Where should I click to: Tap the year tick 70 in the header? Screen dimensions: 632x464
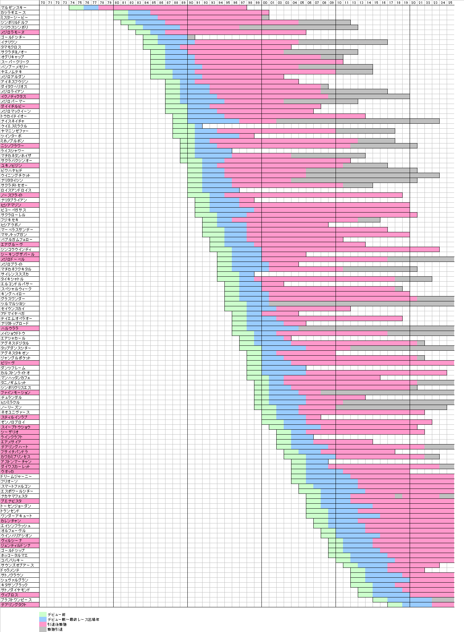(x=43, y=2)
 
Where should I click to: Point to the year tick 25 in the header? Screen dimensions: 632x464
(x=450, y=2)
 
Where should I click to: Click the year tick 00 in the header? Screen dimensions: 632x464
(x=265, y=2)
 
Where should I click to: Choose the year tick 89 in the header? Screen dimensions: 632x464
(x=183, y=2)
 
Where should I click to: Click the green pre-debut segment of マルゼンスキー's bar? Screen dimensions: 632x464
(x=76, y=7)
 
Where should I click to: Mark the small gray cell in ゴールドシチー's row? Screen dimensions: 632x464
(x=191, y=37)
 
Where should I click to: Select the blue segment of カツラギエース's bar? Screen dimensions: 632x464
(x=139, y=12)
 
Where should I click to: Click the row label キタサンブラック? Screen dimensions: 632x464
(x=14, y=585)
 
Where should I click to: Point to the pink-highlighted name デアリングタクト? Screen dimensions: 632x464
(x=14, y=605)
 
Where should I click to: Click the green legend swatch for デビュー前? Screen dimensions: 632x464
(x=43, y=614)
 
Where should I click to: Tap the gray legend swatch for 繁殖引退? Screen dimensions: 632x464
(x=43, y=629)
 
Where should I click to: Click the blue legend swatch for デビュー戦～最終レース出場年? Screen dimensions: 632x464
(x=43, y=619)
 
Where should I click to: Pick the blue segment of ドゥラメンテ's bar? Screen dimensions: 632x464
(x=376, y=570)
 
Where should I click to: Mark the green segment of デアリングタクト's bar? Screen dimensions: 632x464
(x=394, y=605)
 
